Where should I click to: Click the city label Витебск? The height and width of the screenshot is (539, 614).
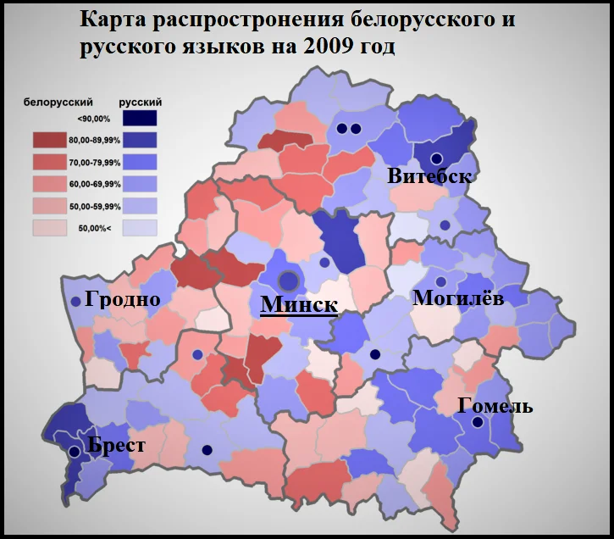point(429,177)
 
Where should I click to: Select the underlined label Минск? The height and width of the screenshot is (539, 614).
point(299,305)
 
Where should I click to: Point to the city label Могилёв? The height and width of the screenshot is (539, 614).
point(457,298)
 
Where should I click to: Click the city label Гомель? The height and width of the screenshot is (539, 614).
point(495,406)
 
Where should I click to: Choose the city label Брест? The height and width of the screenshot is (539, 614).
point(116,446)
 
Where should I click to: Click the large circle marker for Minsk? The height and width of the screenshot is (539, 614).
point(290,280)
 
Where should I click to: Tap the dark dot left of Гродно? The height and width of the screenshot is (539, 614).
point(75,301)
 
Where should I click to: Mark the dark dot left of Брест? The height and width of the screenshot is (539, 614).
point(74,453)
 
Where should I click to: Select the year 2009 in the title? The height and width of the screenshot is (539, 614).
point(325,47)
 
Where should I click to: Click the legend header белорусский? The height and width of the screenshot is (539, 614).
point(58,102)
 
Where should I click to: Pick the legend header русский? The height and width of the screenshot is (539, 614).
point(141,102)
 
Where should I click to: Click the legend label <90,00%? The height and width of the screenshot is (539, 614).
point(93,119)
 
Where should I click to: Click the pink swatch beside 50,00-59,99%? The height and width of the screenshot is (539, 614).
point(50,206)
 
